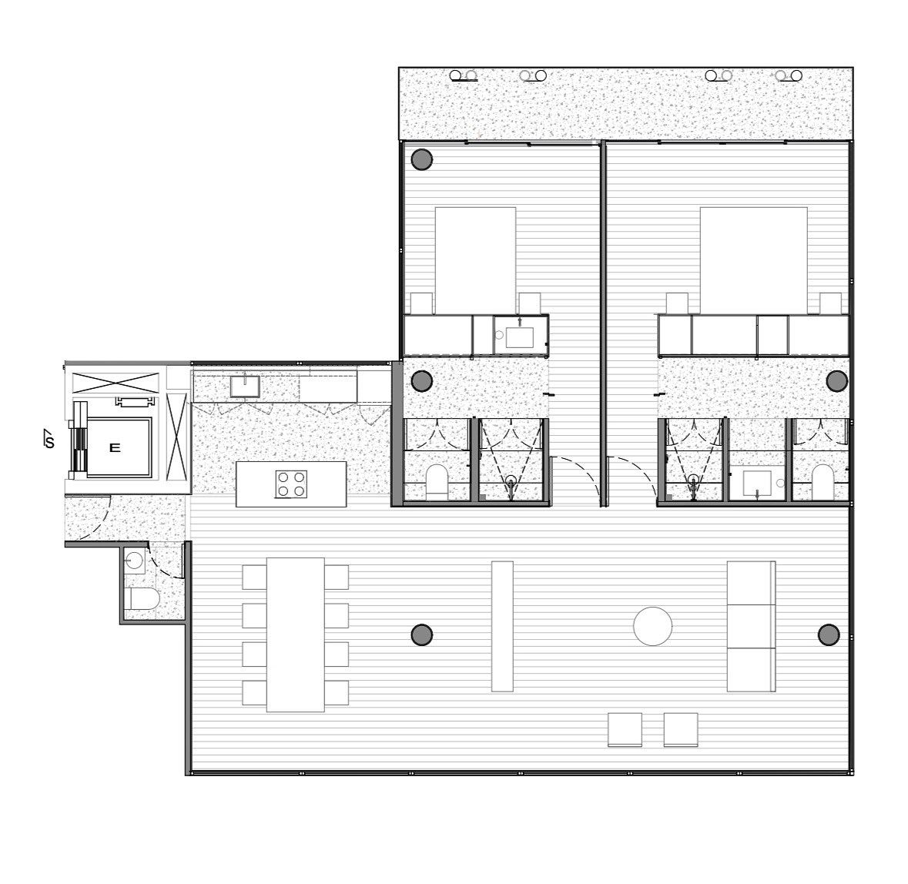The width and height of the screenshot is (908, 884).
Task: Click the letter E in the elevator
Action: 115,447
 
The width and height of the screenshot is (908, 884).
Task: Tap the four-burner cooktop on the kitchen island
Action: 292,484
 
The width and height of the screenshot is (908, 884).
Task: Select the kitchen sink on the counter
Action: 245,387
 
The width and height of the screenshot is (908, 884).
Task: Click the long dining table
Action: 295,635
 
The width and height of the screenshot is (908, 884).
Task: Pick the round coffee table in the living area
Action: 652,626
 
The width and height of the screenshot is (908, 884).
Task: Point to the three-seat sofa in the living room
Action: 751,626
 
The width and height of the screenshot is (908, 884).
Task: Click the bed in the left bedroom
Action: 475,260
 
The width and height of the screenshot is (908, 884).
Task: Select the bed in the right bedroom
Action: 753,260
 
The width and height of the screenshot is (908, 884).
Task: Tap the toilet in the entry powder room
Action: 143,598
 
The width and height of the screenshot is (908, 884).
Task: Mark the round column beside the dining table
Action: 422,635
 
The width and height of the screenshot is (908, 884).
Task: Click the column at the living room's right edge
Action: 829,635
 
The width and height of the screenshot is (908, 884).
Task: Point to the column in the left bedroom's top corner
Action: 421,159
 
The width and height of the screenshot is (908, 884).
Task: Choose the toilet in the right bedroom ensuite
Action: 823,482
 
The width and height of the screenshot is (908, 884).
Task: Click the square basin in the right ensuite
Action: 758,484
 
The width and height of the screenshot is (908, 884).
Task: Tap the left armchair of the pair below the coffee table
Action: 625,729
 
